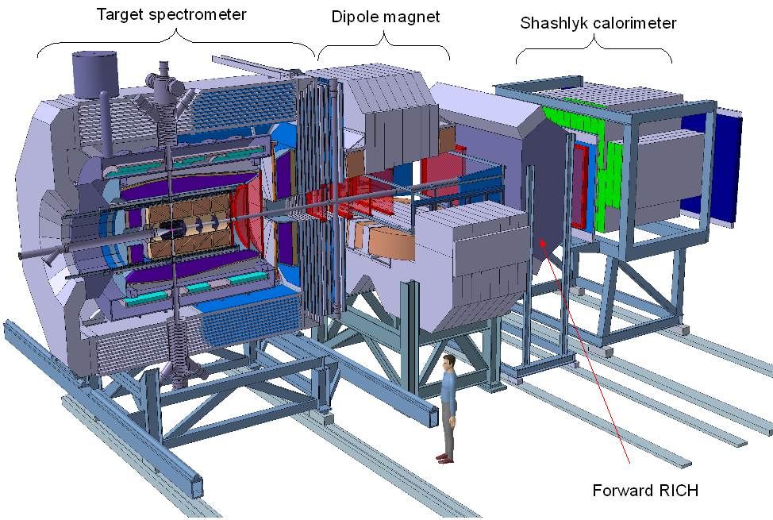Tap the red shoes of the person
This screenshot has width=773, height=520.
pos(444,460)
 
